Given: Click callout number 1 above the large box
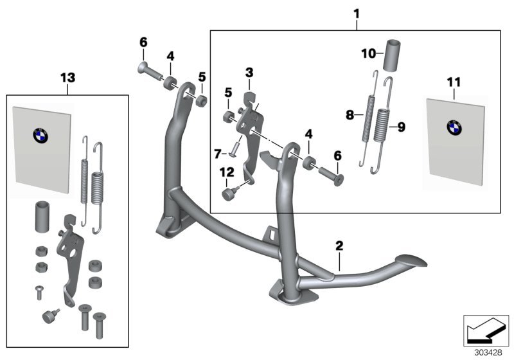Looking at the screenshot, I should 357,13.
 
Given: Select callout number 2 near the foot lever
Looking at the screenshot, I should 339,246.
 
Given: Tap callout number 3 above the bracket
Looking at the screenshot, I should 249,73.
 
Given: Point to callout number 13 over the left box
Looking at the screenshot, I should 67,78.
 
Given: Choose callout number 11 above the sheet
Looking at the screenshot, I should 454,82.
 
